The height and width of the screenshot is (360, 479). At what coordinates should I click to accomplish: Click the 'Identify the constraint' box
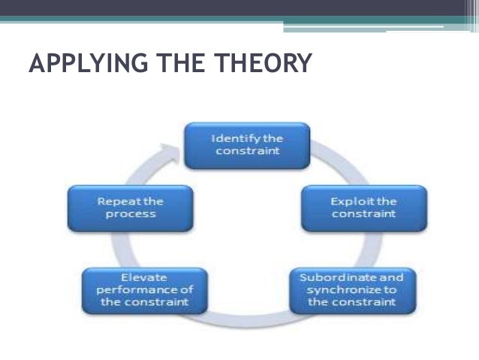(x=247, y=144)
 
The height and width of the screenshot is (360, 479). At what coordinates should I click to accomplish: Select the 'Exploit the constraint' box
(x=363, y=208)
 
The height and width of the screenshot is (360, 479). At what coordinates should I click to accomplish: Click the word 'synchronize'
(x=345, y=290)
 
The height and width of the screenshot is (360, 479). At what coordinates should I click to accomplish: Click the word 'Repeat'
(x=113, y=202)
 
